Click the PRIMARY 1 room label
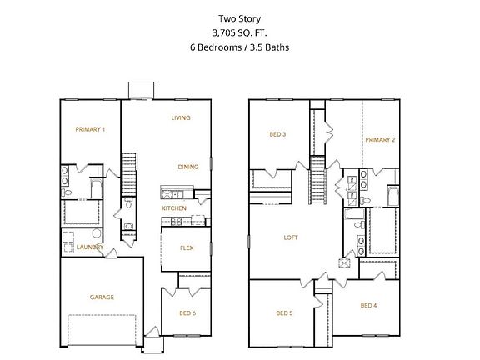90,129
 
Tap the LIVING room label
181,117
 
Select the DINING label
187,167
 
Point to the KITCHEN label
173,207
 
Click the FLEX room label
187,247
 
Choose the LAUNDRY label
90,247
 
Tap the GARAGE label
102,297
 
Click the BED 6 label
188,312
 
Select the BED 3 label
277,134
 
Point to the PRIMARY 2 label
379,139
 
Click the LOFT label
290,237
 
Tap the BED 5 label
285,312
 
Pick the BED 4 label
368,306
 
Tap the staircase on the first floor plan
129,173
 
